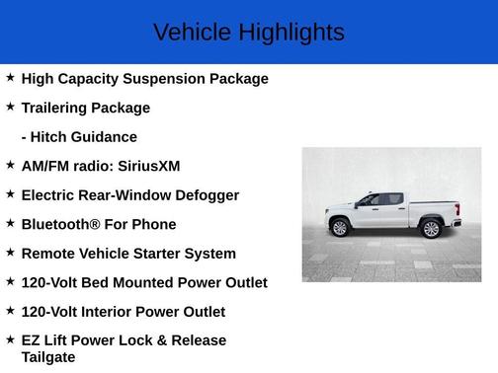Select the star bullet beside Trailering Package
pyautogui.click(x=10, y=106)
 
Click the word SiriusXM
pyautogui.click(x=148, y=166)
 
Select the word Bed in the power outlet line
pyautogui.click(x=112, y=283)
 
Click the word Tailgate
pyautogui.click(x=48, y=357)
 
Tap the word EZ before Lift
pyautogui.click(x=32, y=340)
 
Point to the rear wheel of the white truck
pyautogui.click(x=431, y=229)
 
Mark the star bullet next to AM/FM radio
pyautogui.click(x=10, y=165)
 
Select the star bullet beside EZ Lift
pyautogui.click(x=10, y=339)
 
